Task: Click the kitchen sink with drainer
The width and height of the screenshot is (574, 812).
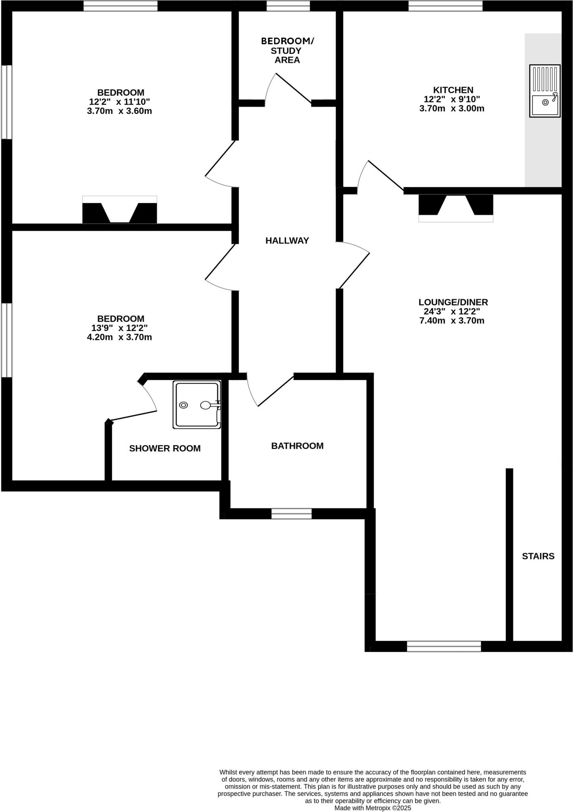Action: pyautogui.click(x=545, y=91)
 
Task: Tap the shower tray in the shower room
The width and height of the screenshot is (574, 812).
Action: pyautogui.click(x=197, y=405)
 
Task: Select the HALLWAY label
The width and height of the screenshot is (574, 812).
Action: pyautogui.click(x=287, y=241)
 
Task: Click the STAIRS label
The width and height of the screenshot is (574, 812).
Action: pyautogui.click(x=538, y=556)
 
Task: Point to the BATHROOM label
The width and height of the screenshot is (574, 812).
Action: pyautogui.click(x=297, y=446)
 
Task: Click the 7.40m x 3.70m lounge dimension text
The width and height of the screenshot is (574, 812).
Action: pyautogui.click(x=451, y=321)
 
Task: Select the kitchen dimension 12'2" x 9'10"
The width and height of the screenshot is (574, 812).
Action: pyautogui.click(x=451, y=99)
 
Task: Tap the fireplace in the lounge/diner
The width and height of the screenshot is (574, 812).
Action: pyautogui.click(x=456, y=208)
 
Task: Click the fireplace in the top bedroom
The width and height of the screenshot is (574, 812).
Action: pyautogui.click(x=119, y=210)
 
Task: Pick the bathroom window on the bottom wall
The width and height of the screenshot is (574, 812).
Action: pyautogui.click(x=291, y=514)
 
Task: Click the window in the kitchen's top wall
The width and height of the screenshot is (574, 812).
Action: pyautogui.click(x=445, y=6)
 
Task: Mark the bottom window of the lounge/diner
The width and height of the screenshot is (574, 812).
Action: pyautogui.click(x=443, y=646)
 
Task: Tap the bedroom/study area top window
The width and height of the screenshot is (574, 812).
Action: pyautogui.click(x=288, y=6)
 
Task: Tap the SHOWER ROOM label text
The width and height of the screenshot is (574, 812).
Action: pyautogui.click(x=165, y=448)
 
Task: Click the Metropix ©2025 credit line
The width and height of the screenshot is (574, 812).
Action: pyautogui.click(x=372, y=808)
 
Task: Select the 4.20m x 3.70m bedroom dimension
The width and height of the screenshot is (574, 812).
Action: pyautogui.click(x=119, y=337)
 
